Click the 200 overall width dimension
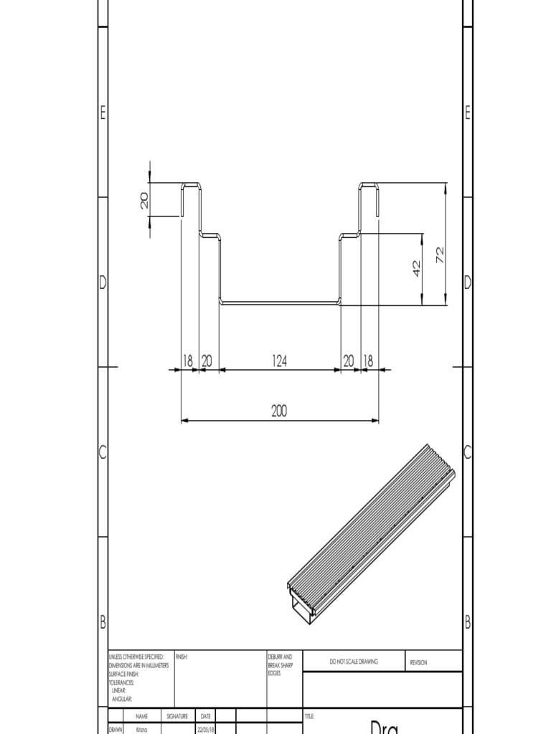point(279,411)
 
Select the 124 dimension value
point(280,362)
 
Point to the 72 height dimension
point(441,254)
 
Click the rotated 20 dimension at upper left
point(144,200)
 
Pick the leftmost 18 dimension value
point(188,362)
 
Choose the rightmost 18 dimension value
point(368,362)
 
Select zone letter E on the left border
point(103,113)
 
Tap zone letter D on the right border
point(468,282)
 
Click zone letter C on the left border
point(103,452)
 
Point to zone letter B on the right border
point(468,622)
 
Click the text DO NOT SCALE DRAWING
point(354,662)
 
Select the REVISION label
point(418,662)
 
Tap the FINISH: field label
point(182,657)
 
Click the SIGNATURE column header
point(177,716)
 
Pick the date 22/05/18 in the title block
point(205,730)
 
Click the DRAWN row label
point(115,730)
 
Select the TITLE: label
point(310,716)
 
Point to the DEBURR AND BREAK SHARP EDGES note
point(280,664)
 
